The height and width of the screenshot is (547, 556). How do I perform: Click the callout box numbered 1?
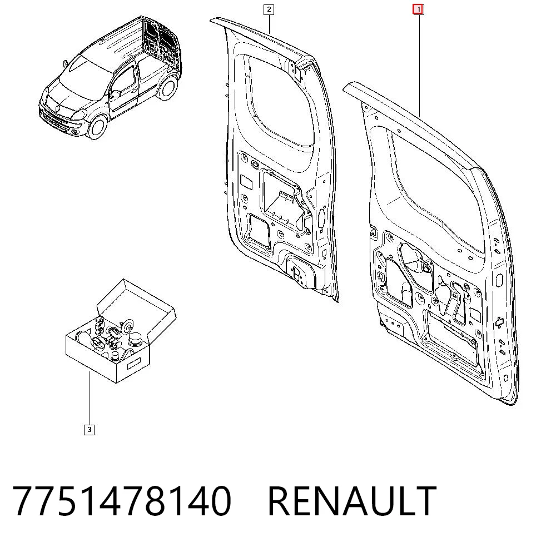click(x=418, y=9)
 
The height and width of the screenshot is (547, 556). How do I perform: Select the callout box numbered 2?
click(x=269, y=9)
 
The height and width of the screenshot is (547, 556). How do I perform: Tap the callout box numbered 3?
click(x=89, y=430)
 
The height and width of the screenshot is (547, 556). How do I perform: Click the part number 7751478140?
click(x=122, y=501)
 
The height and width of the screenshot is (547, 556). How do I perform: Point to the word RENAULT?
click(x=352, y=501)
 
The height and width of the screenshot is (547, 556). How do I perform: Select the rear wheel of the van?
click(x=168, y=88)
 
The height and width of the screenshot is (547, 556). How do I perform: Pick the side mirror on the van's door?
click(x=115, y=94)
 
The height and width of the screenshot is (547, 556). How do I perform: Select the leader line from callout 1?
click(x=419, y=66)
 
